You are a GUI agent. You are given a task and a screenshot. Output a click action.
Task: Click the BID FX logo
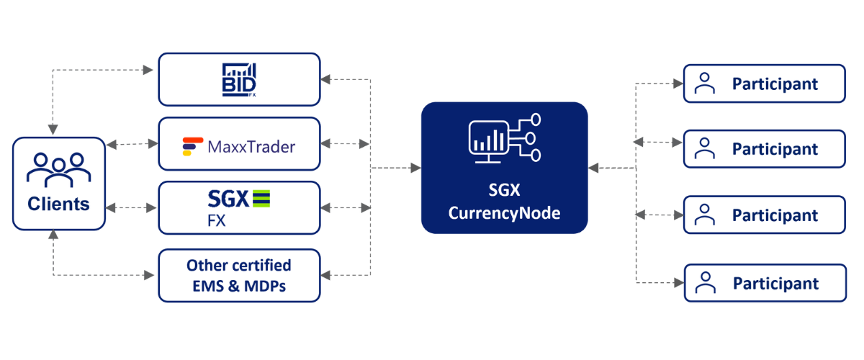tap(239, 80)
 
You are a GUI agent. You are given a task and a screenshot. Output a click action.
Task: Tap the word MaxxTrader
tap(251, 147)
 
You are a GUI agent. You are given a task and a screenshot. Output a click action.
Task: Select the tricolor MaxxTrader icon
tap(192, 147)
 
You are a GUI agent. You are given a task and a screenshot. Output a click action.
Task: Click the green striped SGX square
tap(261, 199)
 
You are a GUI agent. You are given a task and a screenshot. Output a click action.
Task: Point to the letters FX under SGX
tap(217, 221)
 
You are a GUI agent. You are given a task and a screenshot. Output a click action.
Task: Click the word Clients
tap(58, 204)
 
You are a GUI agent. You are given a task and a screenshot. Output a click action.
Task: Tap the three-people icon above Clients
tap(58, 170)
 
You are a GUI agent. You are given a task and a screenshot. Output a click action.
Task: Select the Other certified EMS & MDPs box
tap(239, 276)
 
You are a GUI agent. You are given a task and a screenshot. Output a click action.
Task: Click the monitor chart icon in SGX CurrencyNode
tap(505, 138)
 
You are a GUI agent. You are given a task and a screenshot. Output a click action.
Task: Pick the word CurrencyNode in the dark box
tap(504, 213)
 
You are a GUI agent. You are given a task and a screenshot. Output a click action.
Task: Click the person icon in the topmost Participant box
tap(705, 84)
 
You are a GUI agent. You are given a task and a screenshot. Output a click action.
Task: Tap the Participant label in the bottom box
tap(775, 284)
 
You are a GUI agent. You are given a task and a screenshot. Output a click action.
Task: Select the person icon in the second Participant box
tap(705, 148)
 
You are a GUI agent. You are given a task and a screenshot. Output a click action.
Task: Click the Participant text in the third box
tap(775, 215)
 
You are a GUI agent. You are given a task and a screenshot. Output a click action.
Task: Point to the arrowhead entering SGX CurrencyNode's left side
tap(416, 168)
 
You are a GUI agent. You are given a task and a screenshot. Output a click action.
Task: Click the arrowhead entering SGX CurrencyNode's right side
tap(593, 168)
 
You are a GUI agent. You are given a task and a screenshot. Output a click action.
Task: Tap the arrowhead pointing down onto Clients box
tap(53, 130)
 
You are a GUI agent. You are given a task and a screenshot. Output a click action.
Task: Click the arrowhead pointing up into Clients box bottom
tap(53, 235)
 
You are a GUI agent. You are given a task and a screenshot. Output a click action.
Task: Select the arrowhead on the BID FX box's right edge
tap(325, 79)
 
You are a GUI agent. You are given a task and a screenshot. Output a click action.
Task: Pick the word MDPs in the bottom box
tap(265, 286)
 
